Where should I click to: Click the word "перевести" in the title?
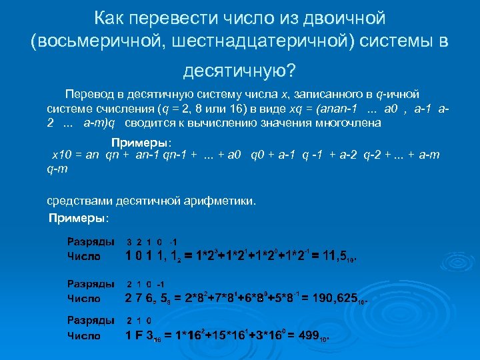point(169,17)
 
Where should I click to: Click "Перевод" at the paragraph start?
point(89,95)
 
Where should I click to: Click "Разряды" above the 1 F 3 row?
point(90,321)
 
